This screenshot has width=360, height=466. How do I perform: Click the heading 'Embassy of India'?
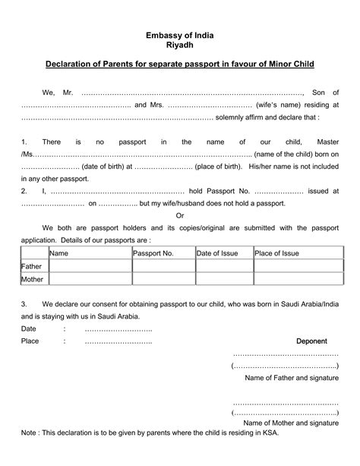pyautogui.click(x=180, y=35)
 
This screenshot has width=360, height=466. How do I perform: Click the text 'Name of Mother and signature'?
pyautogui.click(x=291, y=421)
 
